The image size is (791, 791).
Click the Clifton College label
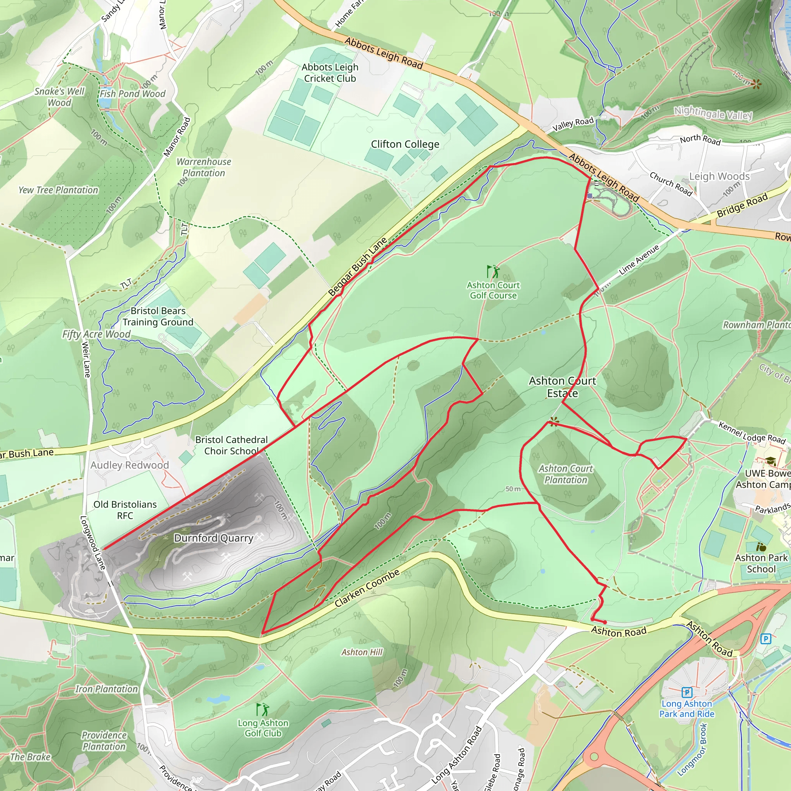405,144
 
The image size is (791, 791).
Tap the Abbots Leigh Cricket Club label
330,73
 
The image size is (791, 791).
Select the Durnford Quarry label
214,538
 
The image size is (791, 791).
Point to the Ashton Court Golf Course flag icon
493,272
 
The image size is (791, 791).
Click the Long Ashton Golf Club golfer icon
262,709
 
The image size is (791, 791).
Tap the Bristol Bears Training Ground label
158,316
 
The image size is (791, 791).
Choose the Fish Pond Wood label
132,94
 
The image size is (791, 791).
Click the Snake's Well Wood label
59,97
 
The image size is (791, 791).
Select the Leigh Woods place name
719,177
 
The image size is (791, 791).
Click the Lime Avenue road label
639,260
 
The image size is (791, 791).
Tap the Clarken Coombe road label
367,588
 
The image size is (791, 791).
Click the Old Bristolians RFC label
125,510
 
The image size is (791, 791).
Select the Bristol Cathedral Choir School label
231,445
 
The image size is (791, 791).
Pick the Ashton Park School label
761,564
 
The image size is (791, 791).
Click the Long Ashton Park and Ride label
687,709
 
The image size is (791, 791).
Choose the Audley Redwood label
129,465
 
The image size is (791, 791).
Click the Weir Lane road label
86,360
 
